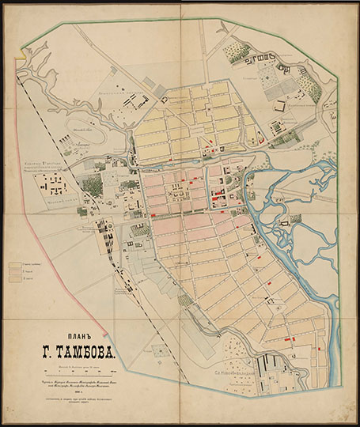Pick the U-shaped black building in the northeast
[257, 59]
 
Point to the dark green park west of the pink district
[92, 187]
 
